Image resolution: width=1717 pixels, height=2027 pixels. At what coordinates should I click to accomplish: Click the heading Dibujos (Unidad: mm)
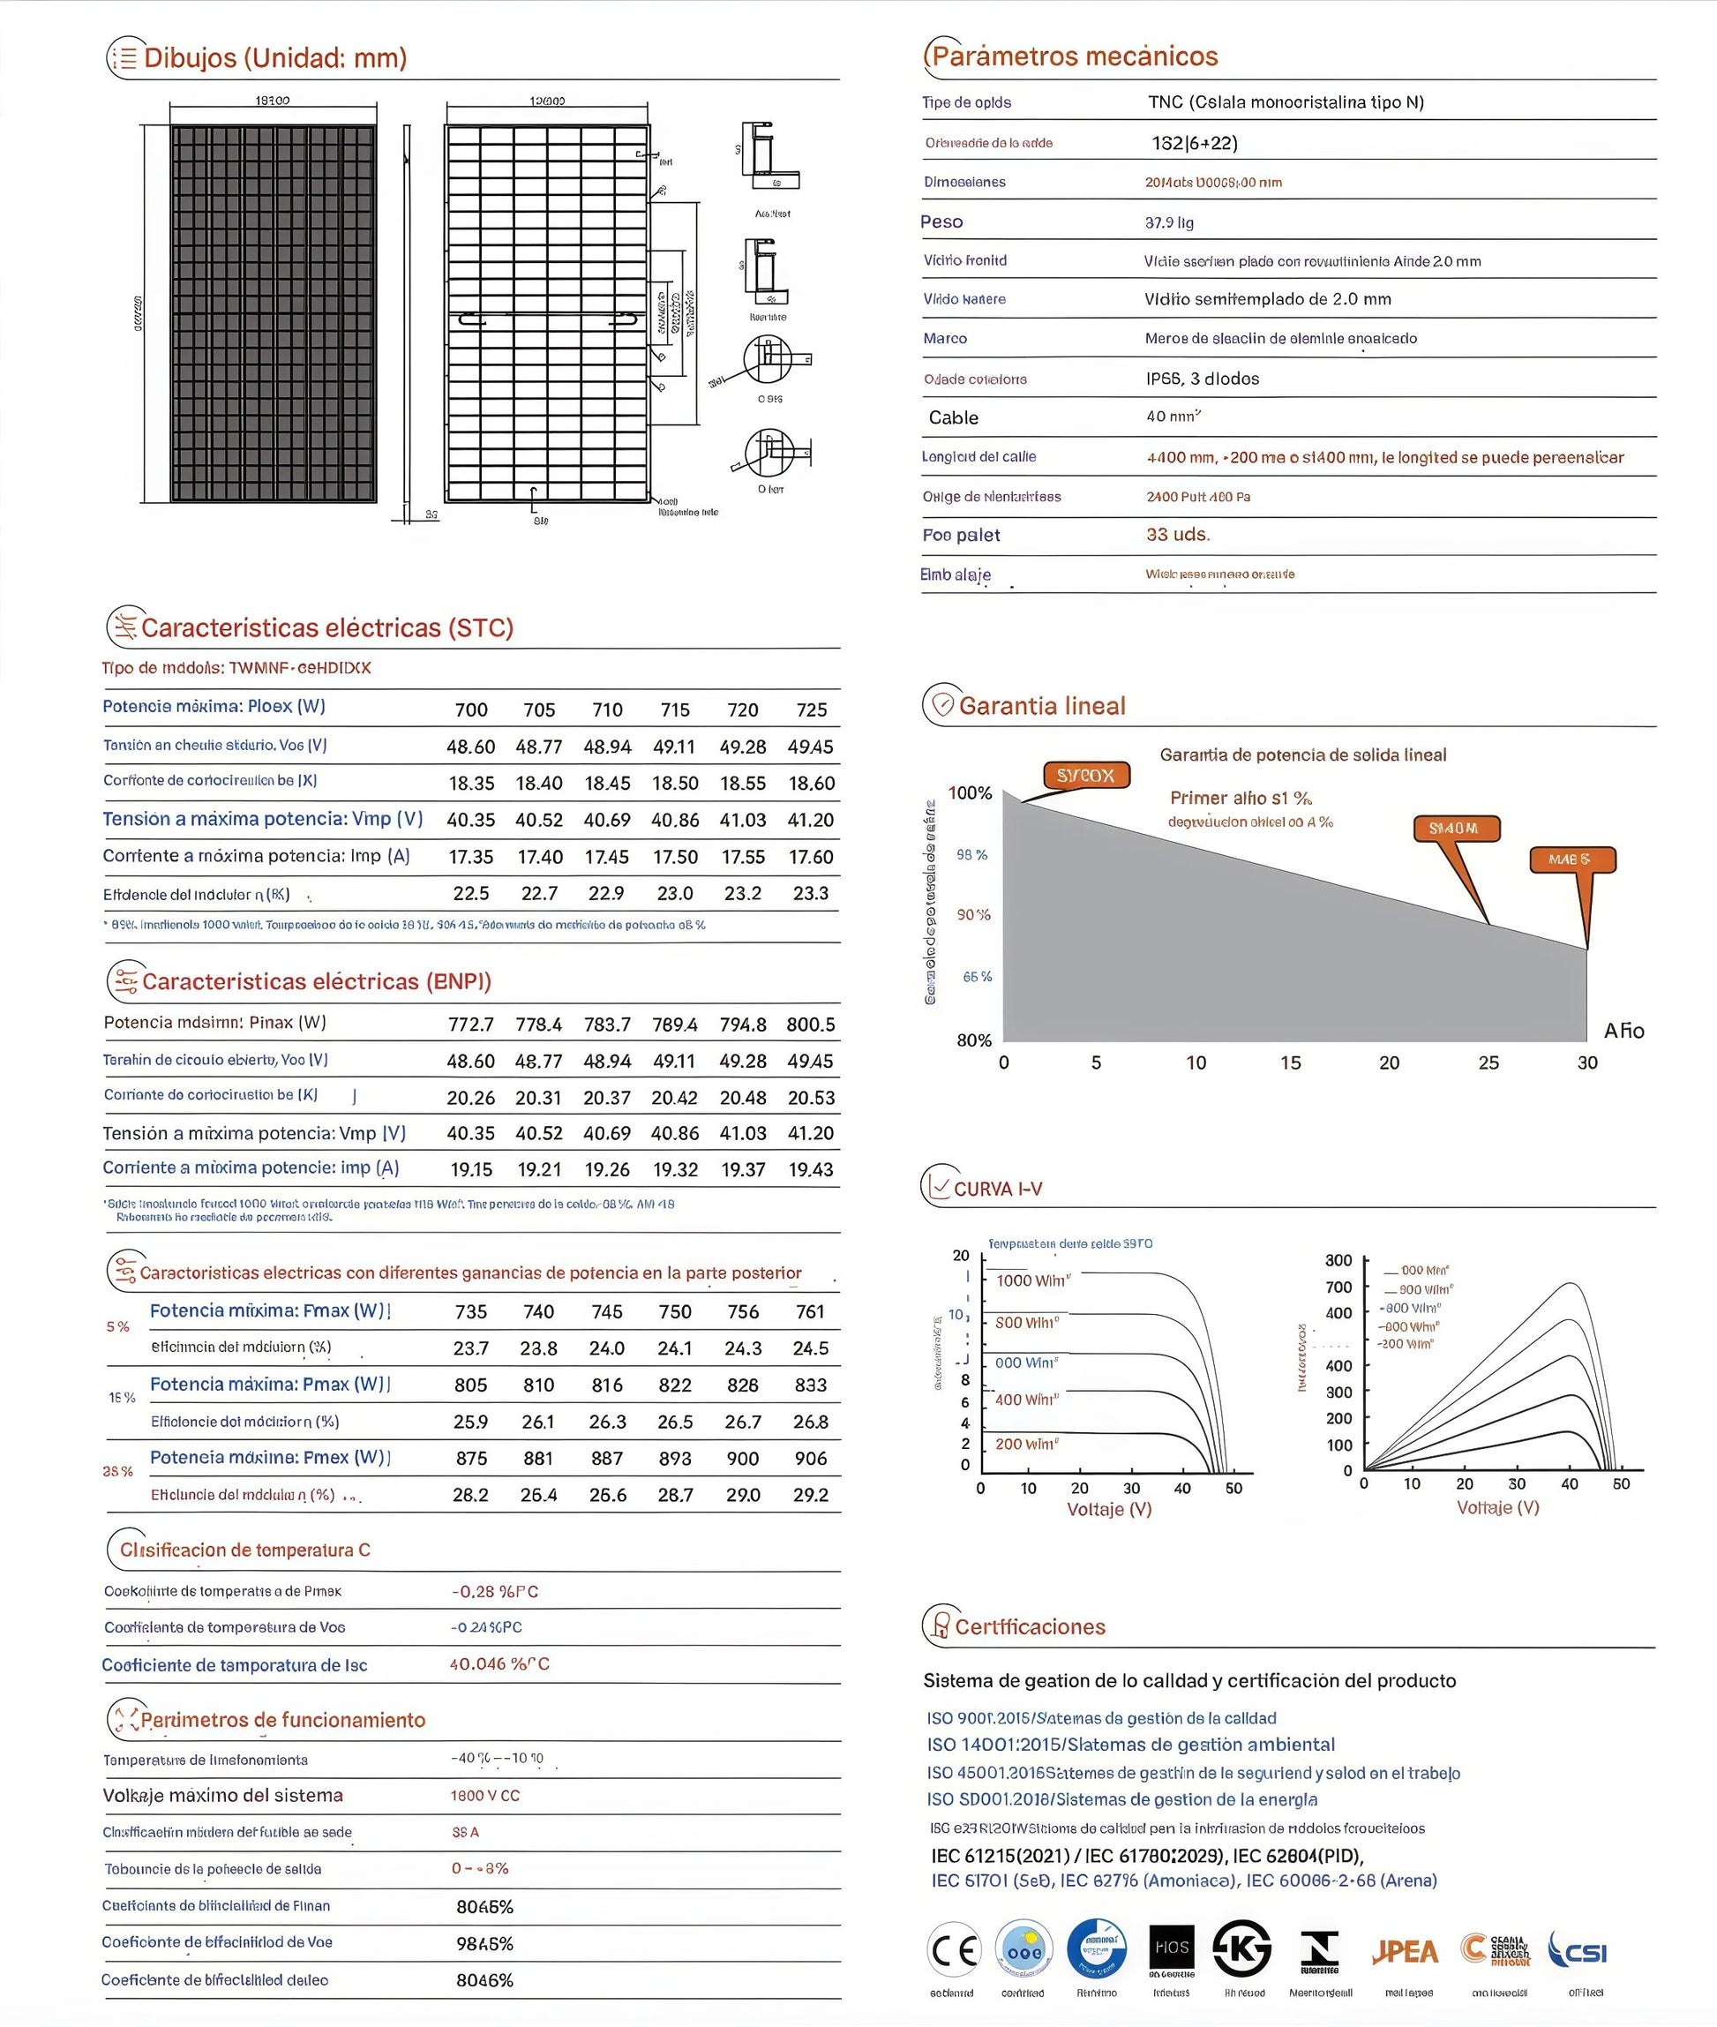(274, 57)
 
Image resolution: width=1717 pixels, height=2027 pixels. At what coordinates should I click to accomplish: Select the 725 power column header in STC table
(811, 709)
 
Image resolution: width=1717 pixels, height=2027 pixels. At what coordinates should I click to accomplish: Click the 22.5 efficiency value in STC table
(471, 893)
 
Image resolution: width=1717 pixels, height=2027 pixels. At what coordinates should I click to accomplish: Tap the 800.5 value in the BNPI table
(811, 1025)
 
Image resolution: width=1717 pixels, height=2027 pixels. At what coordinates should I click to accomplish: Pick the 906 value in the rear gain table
(811, 1459)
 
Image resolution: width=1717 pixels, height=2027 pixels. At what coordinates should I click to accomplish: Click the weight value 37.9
(1169, 222)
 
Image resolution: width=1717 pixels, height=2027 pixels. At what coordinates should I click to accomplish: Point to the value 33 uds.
(1178, 535)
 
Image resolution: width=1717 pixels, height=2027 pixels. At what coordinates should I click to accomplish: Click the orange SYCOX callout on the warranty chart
(1085, 775)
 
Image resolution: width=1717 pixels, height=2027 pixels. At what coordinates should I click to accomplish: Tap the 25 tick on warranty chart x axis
(1488, 1062)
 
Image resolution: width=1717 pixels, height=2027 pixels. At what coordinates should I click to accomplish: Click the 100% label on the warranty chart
(970, 792)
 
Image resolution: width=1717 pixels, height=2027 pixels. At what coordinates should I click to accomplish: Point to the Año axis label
(1623, 1030)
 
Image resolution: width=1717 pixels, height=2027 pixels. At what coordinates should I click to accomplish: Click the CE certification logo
(954, 1951)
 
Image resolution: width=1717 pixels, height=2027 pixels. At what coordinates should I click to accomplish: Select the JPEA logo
(1405, 1951)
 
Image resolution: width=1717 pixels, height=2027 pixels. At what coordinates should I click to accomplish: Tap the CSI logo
(1578, 1951)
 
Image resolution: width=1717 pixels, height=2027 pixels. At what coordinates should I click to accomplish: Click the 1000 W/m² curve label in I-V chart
(1031, 1280)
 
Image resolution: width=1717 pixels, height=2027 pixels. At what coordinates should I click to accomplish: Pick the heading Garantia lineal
(1041, 705)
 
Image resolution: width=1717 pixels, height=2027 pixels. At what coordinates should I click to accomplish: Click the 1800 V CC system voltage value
(484, 1795)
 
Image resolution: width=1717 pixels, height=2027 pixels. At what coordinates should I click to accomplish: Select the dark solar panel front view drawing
(274, 313)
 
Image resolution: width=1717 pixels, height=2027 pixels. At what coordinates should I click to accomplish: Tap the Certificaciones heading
(1030, 1627)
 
